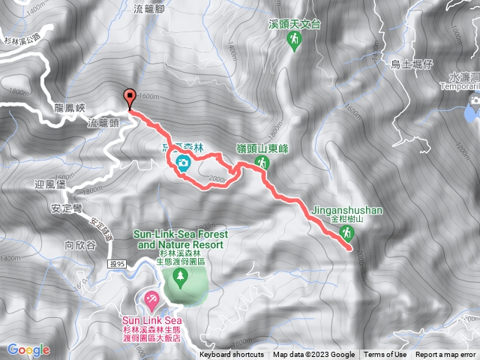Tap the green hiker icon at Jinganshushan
[x=346, y=234]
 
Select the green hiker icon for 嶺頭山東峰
[x=262, y=162]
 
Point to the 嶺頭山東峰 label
[x=262, y=148]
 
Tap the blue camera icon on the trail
[x=182, y=162]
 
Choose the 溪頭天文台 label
[x=294, y=24]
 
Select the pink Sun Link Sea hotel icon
[x=151, y=300]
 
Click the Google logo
[x=28, y=349]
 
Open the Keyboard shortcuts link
[x=232, y=355]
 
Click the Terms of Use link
[x=385, y=355]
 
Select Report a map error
[x=445, y=355]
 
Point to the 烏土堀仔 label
[x=413, y=64]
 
